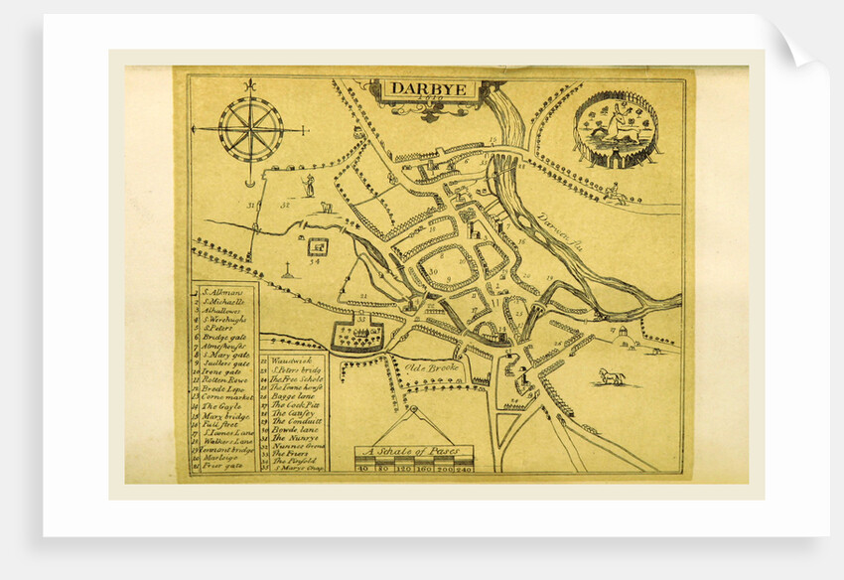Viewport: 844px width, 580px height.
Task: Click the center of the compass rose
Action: [x=250, y=129]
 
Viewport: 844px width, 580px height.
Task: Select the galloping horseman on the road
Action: [x=614, y=192]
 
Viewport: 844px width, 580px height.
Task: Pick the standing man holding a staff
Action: [x=310, y=184]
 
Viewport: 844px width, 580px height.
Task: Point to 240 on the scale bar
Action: [x=463, y=467]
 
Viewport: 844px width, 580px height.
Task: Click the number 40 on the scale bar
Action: [x=365, y=467]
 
